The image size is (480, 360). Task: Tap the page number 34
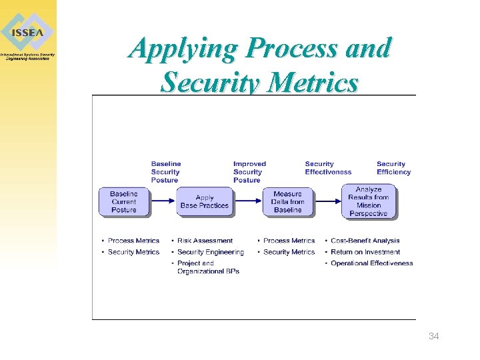(x=433, y=336)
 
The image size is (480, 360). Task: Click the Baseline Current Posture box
(x=124, y=202)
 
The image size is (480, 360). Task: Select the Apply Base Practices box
(x=205, y=202)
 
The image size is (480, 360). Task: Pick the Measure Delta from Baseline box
(x=287, y=202)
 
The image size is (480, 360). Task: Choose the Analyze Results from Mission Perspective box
(x=369, y=201)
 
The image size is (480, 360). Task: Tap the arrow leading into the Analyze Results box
(x=327, y=199)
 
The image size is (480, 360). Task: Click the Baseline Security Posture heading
(x=165, y=172)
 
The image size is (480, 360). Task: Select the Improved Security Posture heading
(x=249, y=172)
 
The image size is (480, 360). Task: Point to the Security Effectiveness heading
(x=328, y=168)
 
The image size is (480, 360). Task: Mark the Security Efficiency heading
(x=393, y=168)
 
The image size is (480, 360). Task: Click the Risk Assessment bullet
(x=205, y=241)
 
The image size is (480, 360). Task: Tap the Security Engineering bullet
(x=211, y=252)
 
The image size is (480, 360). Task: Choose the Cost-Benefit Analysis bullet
(x=365, y=241)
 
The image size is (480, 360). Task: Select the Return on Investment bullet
(x=365, y=252)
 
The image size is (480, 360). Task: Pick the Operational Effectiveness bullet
(x=372, y=263)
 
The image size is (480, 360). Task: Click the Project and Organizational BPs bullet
(x=208, y=267)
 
